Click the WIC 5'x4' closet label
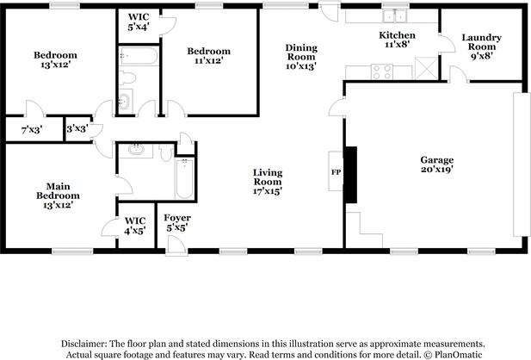(x=139, y=22)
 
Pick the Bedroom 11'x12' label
(x=209, y=56)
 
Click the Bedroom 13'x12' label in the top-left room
(x=55, y=60)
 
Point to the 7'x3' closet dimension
(x=31, y=130)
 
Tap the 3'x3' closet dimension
(x=78, y=130)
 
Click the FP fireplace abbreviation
(x=336, y=171)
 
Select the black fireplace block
(x=350, y=174)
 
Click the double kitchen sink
(x=396, y=16)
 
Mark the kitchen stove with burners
(x=357, y=72)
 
